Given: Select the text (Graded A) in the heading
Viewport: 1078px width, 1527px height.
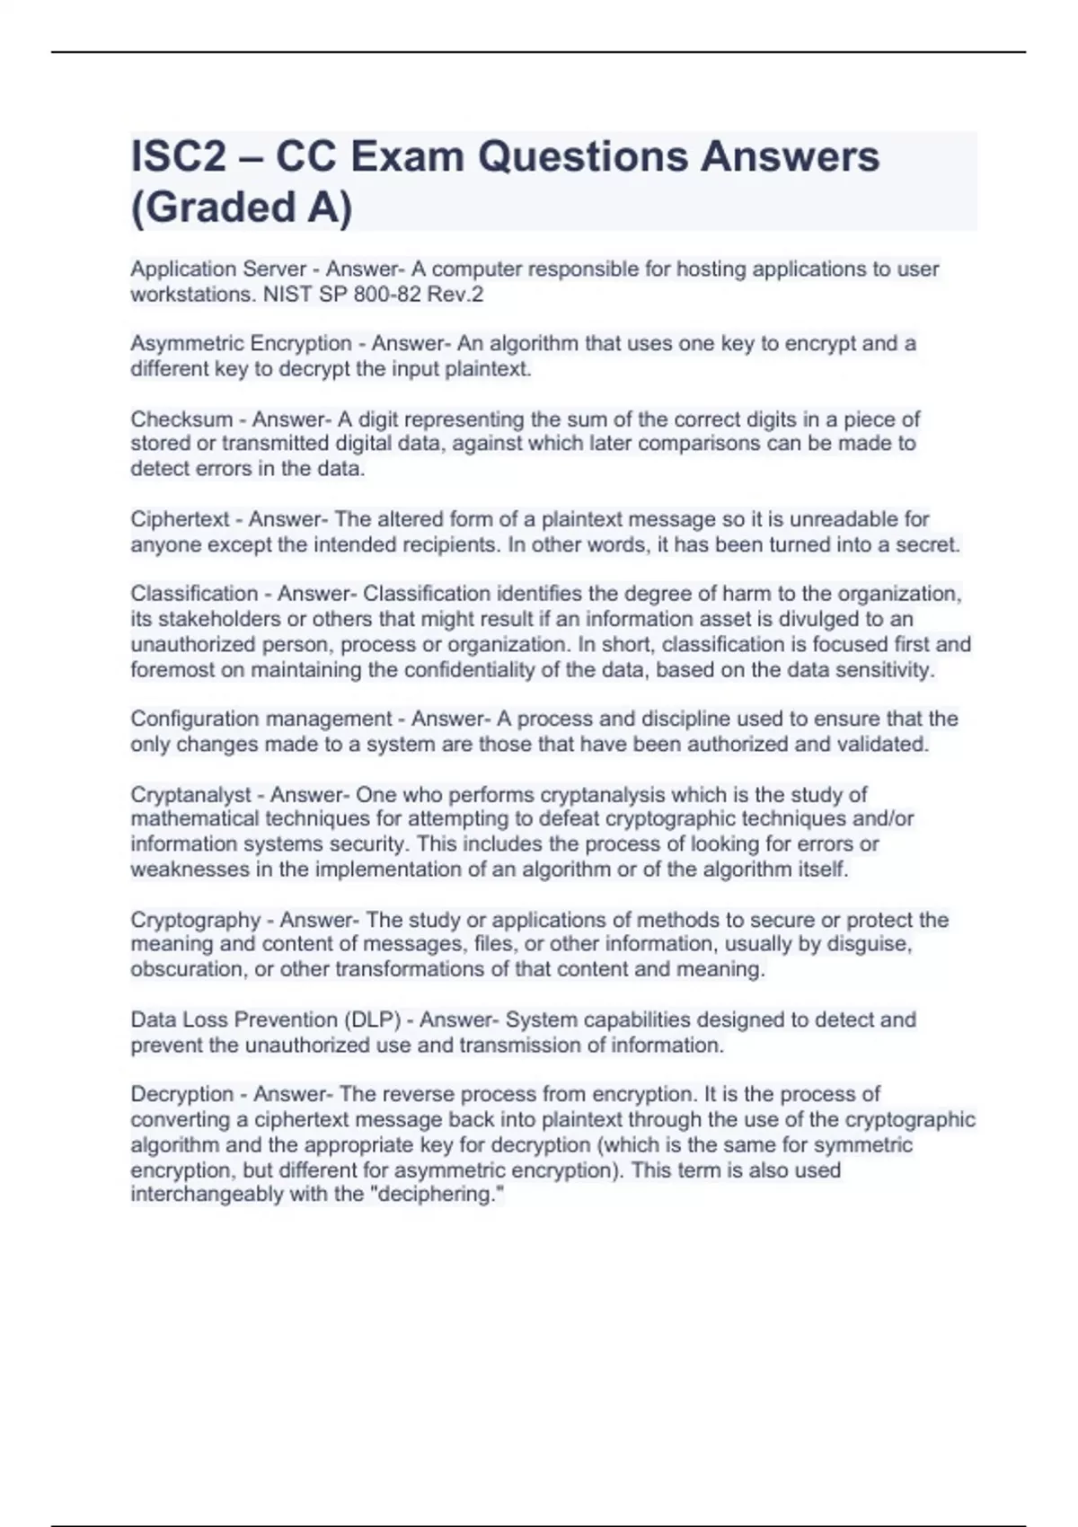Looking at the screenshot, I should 242,207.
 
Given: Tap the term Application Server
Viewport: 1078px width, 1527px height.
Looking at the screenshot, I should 218,269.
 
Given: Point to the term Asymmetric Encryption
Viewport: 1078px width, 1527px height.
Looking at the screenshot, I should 241,344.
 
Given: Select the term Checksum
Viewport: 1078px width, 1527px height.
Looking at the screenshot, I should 169,419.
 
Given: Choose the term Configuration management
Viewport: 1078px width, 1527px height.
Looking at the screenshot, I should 261,719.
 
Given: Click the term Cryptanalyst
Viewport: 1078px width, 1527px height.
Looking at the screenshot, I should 191,795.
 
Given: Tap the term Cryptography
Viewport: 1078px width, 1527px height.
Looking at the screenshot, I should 196,920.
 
